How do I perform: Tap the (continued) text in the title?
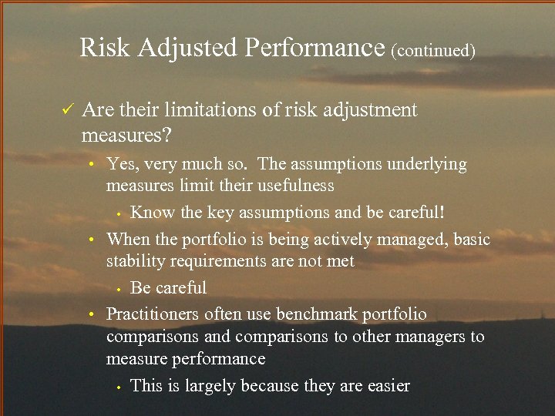click(433, 51)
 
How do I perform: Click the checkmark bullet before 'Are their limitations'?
click(66, 110)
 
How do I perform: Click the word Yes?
click(122, 163)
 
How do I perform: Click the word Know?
click(150, 212)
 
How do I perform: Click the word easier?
click(384, 386)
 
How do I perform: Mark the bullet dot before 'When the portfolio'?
click(91, 240)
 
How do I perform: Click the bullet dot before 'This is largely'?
click(116, 387)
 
